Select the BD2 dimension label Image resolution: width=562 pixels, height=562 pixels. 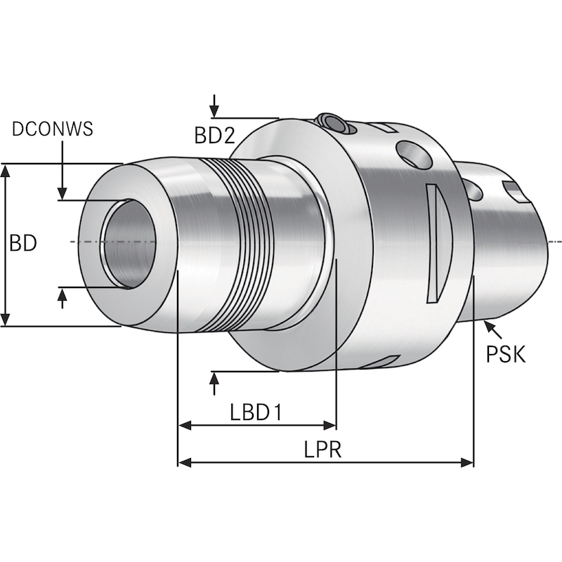tap(214, 135)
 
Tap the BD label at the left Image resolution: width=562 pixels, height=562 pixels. tap(22, 244)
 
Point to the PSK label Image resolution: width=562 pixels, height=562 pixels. tap(506, 353)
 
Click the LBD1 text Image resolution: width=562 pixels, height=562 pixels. tap(256, 412)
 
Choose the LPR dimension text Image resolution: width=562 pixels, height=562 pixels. tap(322, 450)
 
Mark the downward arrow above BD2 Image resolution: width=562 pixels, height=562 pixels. tap(214, 110)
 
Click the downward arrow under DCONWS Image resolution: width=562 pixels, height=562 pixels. tap(63, 191)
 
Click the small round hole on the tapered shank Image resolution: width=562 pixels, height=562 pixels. tap(473, 190)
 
